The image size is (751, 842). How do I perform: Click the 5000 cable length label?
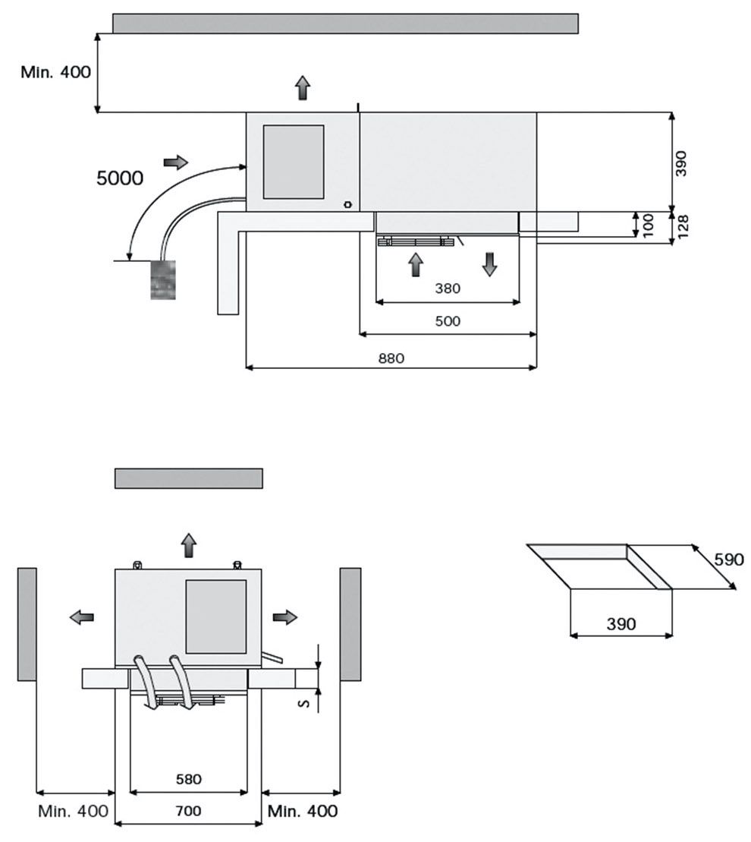pos(120,178)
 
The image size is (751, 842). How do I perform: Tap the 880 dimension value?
pos(391,358)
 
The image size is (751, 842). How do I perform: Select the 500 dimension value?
pos(448,321)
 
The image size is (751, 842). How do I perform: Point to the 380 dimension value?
pos(448,289)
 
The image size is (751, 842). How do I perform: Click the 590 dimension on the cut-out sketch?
pos(728,560)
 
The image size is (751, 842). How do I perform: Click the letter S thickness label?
pos(304,704)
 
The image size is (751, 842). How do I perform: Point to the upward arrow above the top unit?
pos(303,88)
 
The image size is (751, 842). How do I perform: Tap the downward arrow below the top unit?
pos(489,263)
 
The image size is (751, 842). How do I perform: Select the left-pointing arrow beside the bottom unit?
pos(81,617)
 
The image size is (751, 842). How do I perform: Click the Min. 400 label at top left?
pos(55,72)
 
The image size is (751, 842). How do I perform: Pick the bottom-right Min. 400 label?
pos(303,811)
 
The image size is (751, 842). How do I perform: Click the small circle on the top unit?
pos(347,203)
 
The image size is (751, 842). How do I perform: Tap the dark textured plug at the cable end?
pos(163,279)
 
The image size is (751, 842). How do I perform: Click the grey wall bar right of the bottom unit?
pos(350,623)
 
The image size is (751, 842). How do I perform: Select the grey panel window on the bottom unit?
pos(216,617)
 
